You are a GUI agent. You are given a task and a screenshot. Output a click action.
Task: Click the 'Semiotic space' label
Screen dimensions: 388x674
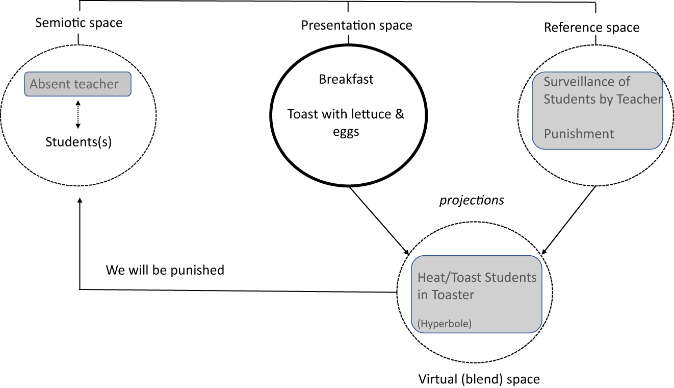(x=79, y=23)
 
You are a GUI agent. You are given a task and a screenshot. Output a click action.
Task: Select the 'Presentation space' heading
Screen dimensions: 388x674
(x=356, y=25)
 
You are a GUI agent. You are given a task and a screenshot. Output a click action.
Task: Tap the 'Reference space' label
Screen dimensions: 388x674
(x=591, y=28)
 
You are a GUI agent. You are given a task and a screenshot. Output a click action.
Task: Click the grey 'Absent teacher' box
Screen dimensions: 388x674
(x=78, y=84)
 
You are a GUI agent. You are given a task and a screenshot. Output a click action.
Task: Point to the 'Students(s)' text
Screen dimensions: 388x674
(x=78, y=141)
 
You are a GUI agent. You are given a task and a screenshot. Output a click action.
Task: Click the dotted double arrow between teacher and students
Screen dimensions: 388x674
(x=77, y=114)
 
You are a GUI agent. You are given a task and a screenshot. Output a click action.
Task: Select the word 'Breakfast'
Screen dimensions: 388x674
(x=346, y=80)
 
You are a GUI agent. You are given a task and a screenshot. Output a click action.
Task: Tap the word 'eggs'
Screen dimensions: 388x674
(x=346, y=132)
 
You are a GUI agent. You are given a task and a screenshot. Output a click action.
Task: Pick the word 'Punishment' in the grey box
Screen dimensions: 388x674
(x=579, y=134)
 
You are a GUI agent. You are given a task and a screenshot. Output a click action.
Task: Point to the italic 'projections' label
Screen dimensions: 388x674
(x=472, y=201)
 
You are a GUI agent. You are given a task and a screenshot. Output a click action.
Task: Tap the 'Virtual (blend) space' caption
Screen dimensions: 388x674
(x=479, y=379)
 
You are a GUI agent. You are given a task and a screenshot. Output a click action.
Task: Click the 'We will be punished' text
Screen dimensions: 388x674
(x=165, y=270)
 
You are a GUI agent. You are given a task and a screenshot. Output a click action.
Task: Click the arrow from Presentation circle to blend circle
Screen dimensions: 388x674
(x=378, y=220)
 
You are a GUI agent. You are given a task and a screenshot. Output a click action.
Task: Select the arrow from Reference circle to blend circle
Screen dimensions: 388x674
(x=568, y=220)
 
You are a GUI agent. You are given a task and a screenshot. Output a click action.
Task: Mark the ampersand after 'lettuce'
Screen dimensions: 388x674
(x=400, y=114)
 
